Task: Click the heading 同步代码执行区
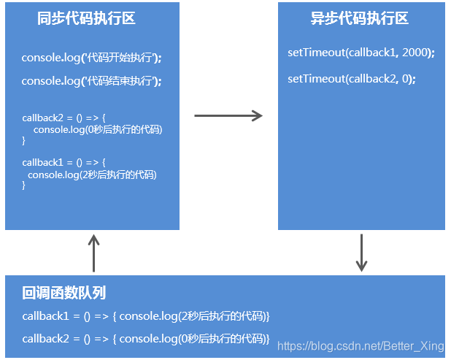click(86, 19)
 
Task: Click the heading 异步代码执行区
click(360, 19)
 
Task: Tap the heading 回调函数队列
click(64, 293)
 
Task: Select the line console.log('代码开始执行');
click(91, 58)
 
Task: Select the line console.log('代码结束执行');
click(91, 81)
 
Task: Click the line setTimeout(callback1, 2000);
click(361, 53)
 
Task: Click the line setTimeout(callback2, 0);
click(352, 79)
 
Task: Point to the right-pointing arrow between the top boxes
click(228, 115)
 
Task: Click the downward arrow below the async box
click(361, 253)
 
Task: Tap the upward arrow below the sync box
click(93, 253)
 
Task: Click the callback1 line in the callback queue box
click(146, 316)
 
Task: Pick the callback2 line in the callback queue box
click(146, 339)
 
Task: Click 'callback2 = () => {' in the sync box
click(64, 118)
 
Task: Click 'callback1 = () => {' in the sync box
click(64, 162)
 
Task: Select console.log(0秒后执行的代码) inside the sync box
click(97, 130)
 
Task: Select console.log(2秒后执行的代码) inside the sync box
click(92, 175)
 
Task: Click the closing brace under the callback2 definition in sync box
click(24, 142)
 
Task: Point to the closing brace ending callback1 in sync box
click(24, 186)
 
